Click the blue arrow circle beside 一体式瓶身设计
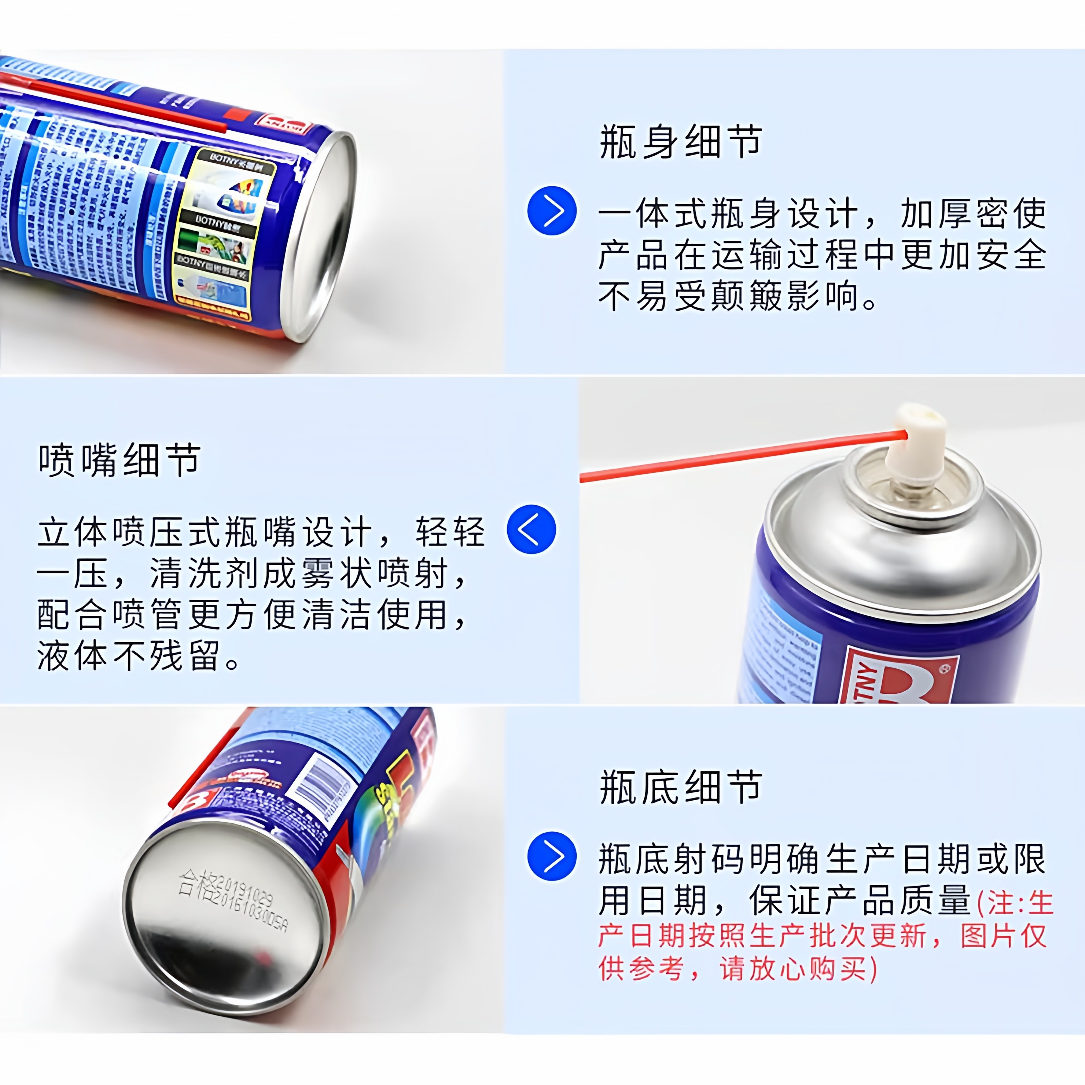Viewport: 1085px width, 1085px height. pos(552,211)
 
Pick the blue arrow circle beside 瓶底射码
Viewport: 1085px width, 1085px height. pos(552,856)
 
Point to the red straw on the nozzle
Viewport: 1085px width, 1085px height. pos(730,456)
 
